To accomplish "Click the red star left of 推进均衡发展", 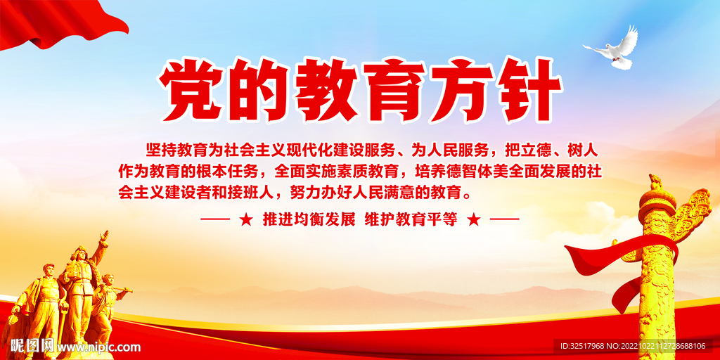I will click(x=245, y=219).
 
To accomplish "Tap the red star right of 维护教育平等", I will click(x=474, y=219).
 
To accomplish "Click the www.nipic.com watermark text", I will click(x=98, y=347).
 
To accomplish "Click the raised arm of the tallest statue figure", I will click(x=103, y=243).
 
